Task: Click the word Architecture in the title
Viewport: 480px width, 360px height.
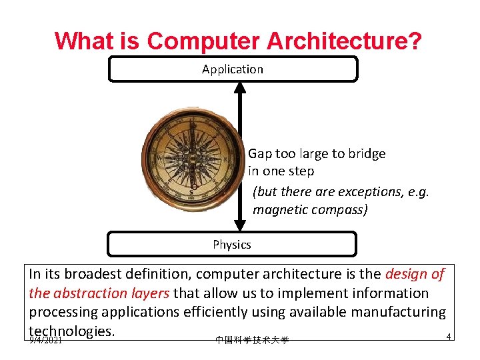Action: (344, 41)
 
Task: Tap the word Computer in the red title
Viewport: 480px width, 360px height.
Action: (203, 41)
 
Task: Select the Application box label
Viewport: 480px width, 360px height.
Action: (233, 69)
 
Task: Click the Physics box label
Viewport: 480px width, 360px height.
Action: (232, 245)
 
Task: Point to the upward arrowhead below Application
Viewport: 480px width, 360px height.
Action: (240, 87)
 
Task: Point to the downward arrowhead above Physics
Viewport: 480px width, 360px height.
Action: (240, 225)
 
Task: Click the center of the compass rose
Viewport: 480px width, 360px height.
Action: (193, 161)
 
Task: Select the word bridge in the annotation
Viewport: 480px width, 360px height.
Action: (366, 154)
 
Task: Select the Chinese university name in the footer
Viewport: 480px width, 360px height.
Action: (252, 340)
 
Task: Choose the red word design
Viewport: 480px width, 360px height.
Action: (407, 274)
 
